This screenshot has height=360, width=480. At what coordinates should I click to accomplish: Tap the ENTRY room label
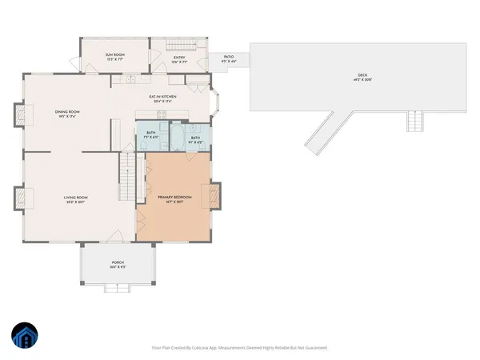click(x=179, y=58)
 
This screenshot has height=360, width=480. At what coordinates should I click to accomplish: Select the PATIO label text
click(x=228, y=58)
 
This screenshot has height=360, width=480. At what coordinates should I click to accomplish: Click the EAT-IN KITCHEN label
click(x=162, y=98)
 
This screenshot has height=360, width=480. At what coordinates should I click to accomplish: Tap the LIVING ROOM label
click(x=75, y=198)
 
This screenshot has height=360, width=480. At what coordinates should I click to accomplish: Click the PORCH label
click(x=118, y=264)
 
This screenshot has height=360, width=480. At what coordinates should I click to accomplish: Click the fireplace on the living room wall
click(x=18, y=197)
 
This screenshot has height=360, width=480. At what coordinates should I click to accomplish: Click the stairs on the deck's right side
click(x=414, y=122)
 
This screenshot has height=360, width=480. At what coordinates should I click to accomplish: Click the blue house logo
click(x=25, y=336)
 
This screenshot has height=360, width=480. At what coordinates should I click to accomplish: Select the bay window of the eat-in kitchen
click(x=215, y=102)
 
